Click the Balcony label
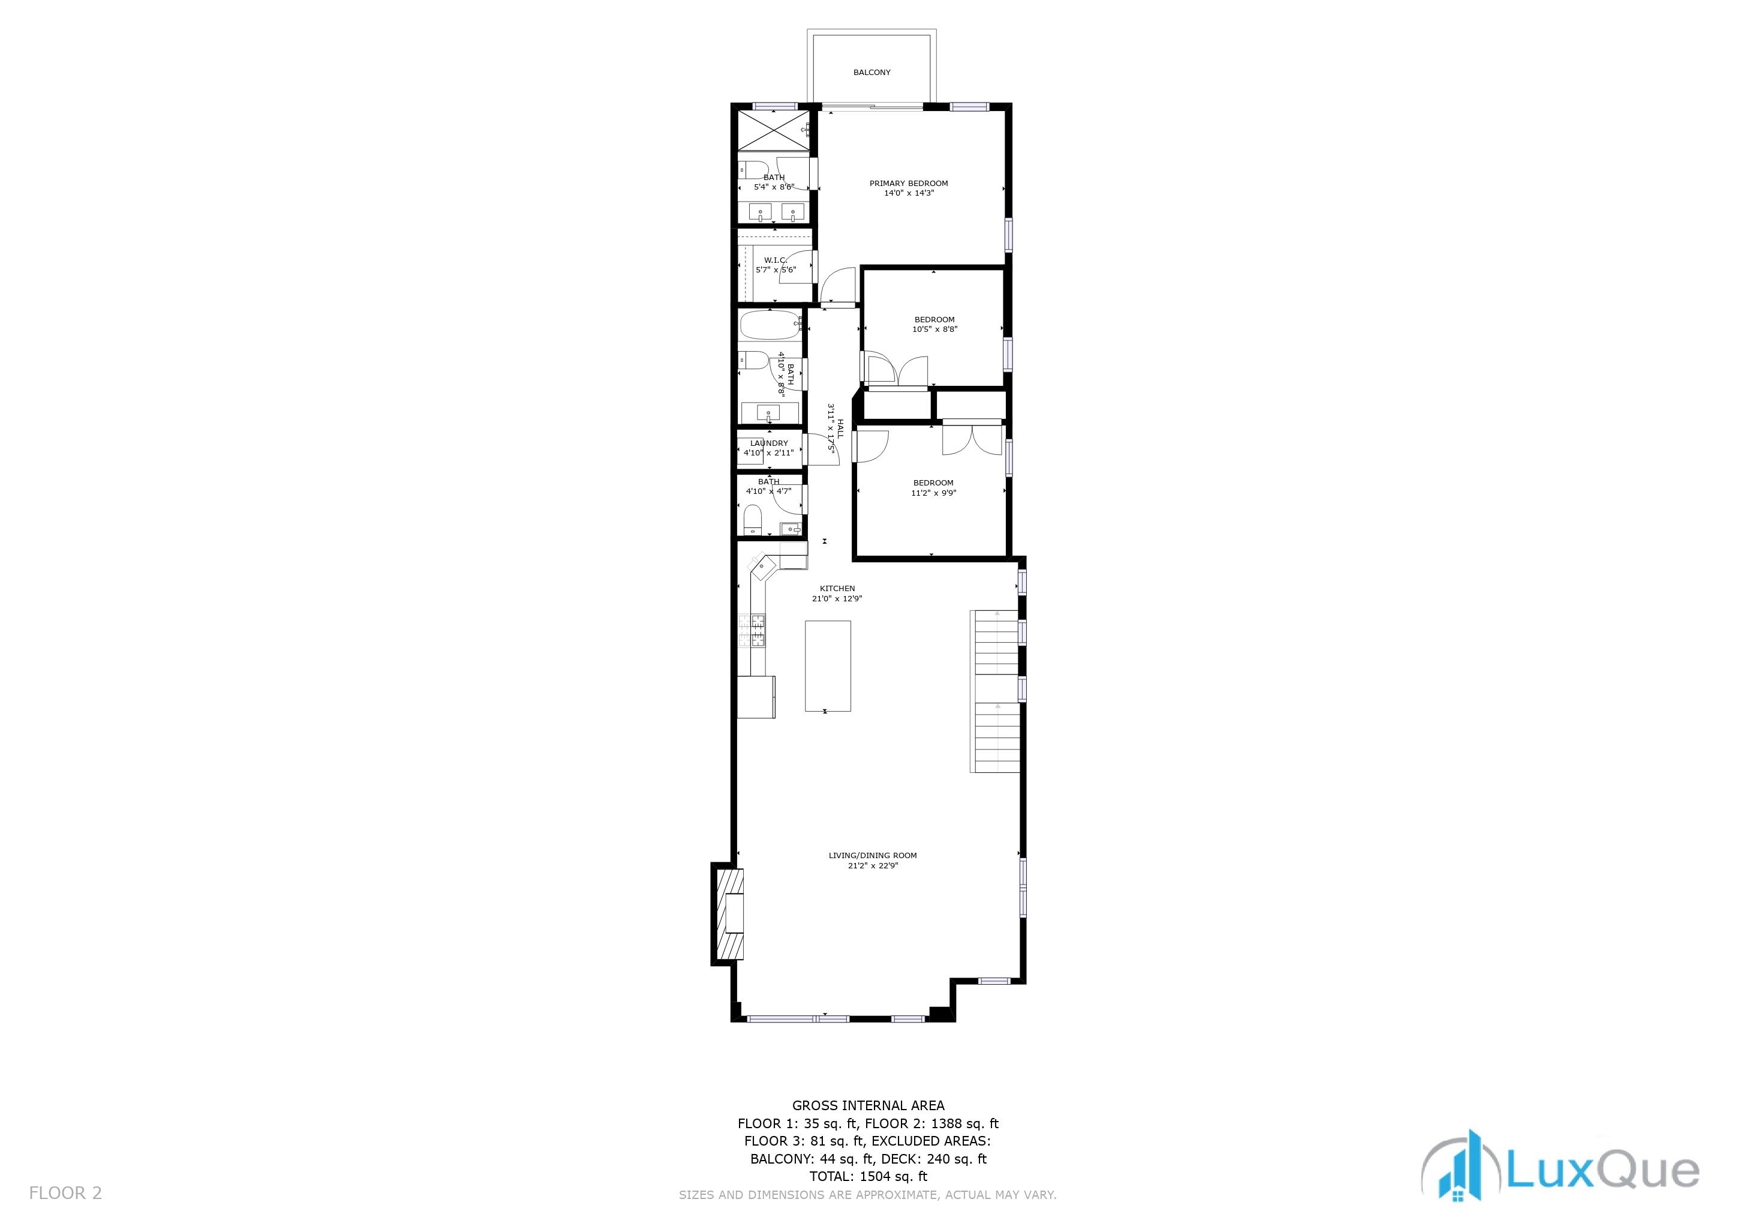coord(871,73)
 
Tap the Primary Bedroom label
coord(908,183)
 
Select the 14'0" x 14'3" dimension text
coord(909,194)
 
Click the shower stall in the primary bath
coord(773,131)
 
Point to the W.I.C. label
coord(775,260)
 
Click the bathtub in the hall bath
coord(770,325)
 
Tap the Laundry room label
coord(769,443)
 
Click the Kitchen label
coord(837,589)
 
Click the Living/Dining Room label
coord(872,856)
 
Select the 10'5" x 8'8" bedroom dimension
coord(934,330)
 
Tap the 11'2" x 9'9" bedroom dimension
coord(933,493)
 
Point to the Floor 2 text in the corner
coord(65,1194)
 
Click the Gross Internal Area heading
coord(868,1105)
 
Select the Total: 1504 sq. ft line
coord(868,1177)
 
